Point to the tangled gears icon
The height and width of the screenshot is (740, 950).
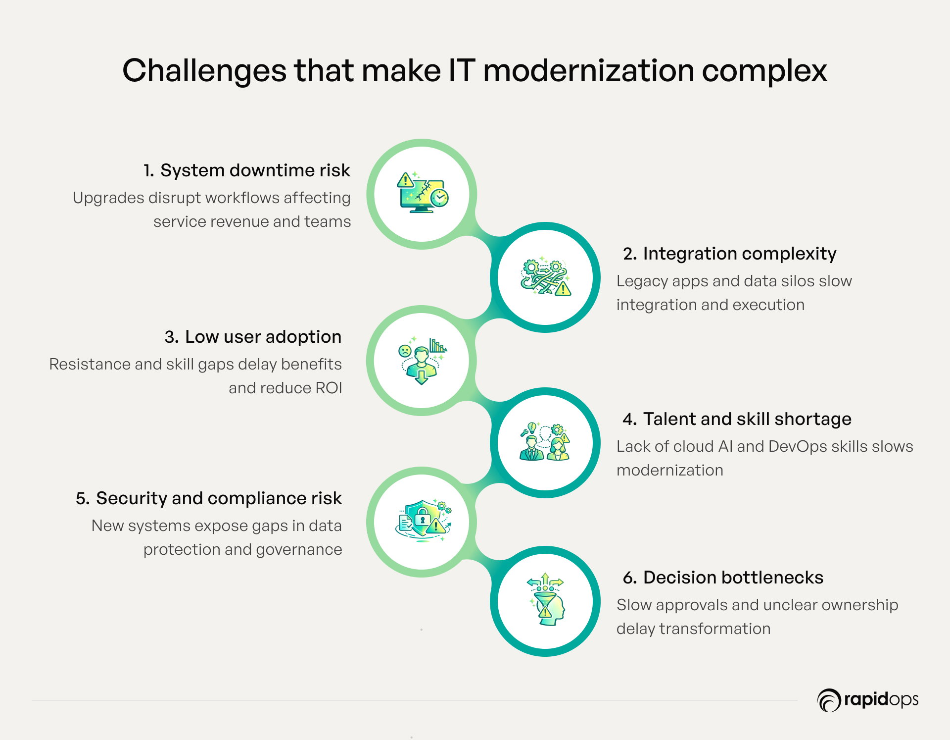tap(546, 276)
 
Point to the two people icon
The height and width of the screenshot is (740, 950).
tap(545, 441)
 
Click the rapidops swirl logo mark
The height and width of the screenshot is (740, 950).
tap(829, 700)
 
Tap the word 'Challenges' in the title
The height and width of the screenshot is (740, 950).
tap(204, 70)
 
